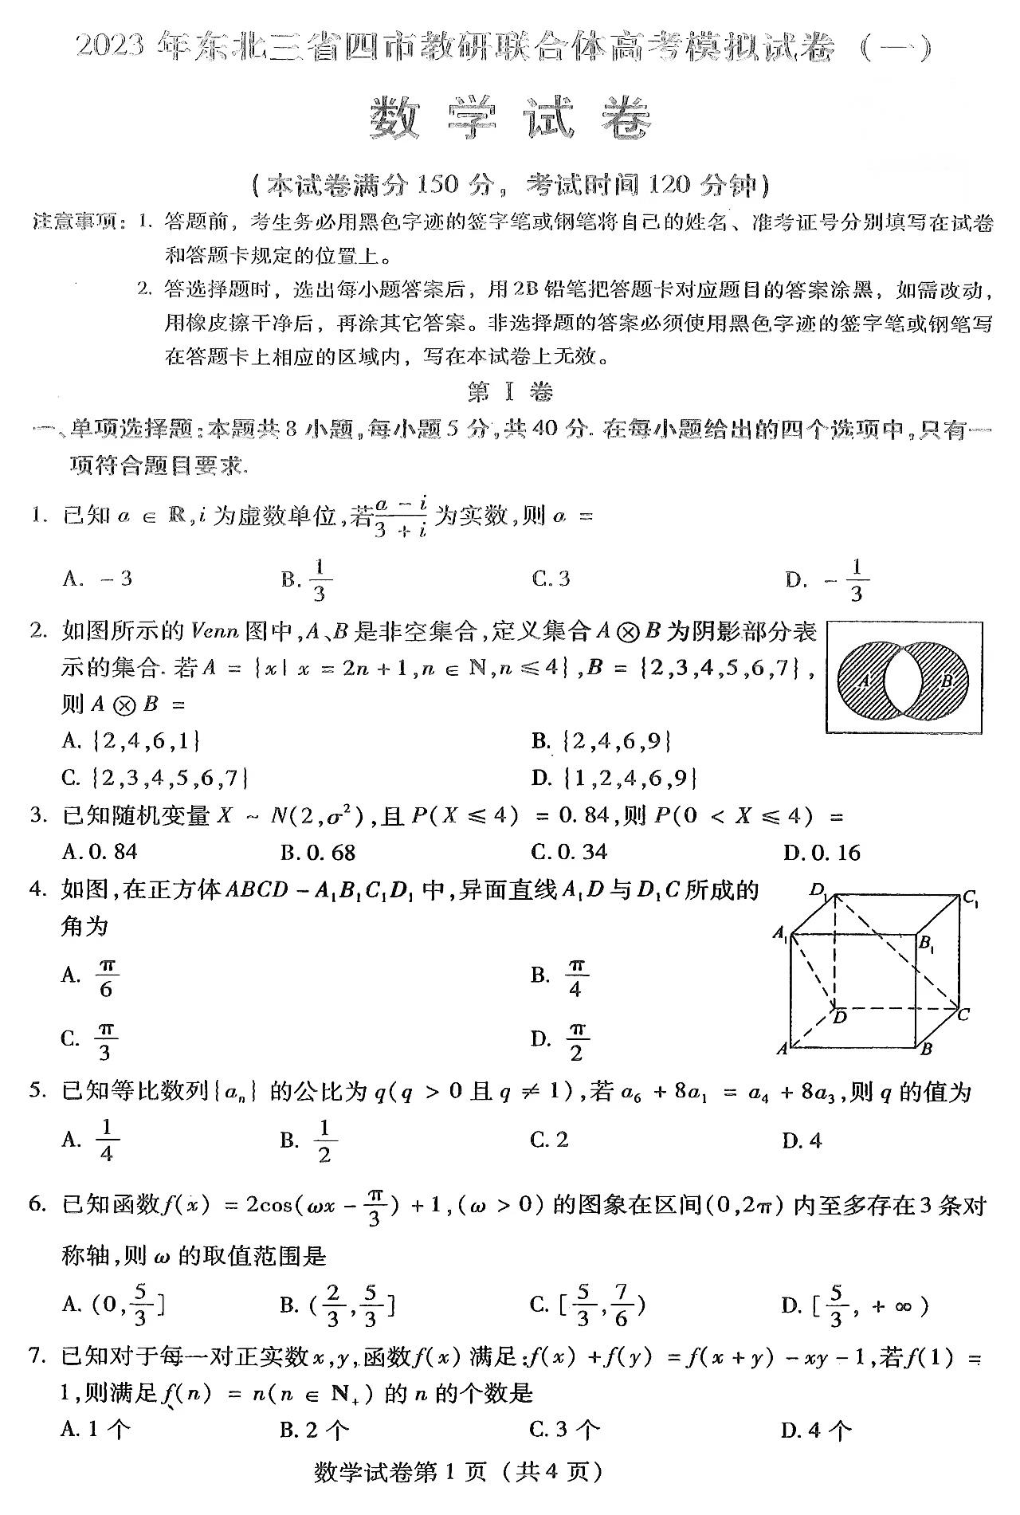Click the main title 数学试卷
pyautogui.click(x=510, y=120)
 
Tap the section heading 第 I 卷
pyautogui.click(x=509, y=391)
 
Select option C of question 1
pyautogui.click(x=551, y=579)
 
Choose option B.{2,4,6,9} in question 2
pyautogui.click(x=602, y=742)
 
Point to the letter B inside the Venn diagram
pyautogui.click(x=947, y=681)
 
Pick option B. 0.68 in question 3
pyautogui.click(x=317, y=853)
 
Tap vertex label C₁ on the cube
pyautogui.click(x=970, y=898)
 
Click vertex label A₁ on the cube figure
pyautogui.click(x=780, y=933)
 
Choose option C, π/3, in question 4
pyautogui.click(x=90, y=1038)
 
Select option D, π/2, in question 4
pyautogui.click(x=560, y=1038)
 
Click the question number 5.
pyautogui.click(x=36, y=1091)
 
